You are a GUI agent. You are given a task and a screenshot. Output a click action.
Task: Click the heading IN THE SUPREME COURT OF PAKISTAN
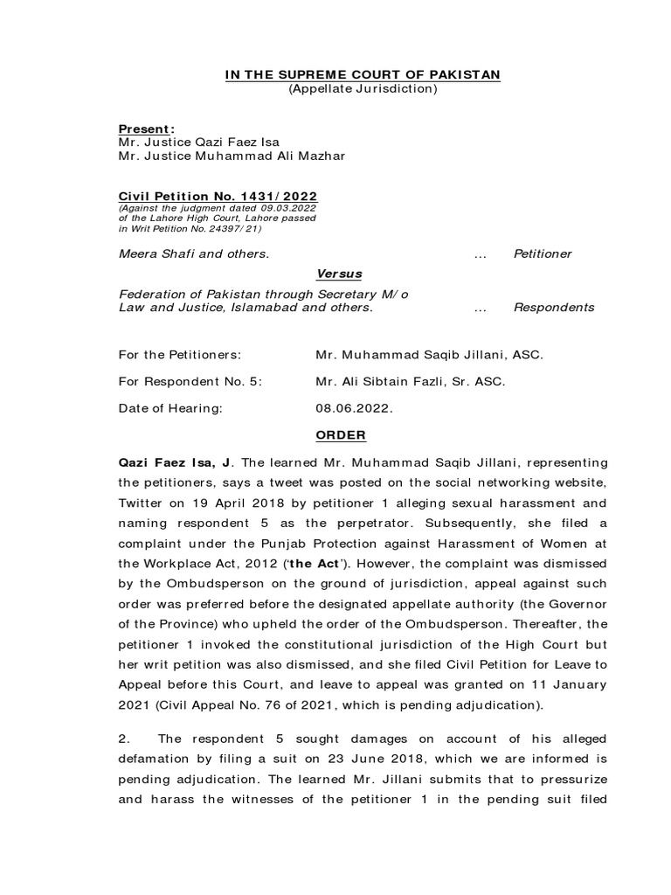[363, 75]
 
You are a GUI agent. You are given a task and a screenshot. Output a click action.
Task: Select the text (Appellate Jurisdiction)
[363, 89]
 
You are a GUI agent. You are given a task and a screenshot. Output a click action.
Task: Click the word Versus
[339, 274]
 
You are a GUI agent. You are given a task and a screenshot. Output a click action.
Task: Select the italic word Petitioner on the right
[543, 253]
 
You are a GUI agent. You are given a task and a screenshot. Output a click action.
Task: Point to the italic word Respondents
[554, 308]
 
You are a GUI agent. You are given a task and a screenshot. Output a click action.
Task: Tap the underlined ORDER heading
[339, 435]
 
